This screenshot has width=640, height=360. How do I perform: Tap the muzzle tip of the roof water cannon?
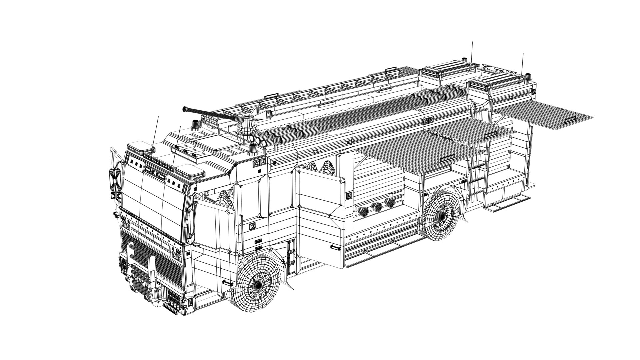point(184,109)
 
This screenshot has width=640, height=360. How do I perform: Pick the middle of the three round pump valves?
point(377,207)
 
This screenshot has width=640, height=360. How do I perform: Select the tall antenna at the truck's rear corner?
point(523,63)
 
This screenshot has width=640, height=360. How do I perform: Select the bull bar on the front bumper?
point(140,267)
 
